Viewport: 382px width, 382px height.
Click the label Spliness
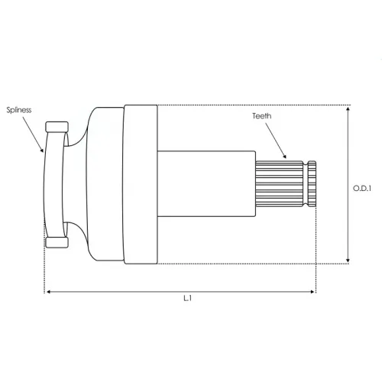tap(19, 110)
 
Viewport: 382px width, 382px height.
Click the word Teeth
tap(261, 116)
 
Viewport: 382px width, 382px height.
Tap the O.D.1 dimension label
tap(362, 188)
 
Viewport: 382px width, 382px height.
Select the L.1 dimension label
tap(188, 298)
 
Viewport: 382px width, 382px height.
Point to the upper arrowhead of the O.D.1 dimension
tap(348, 109)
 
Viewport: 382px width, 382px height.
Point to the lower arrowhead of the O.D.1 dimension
tap(348, 261)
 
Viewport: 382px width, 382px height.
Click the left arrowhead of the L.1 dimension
tap(48, 292)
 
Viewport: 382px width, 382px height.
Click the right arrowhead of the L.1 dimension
tap(312, 292)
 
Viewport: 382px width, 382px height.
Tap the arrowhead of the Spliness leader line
tap(42, 150)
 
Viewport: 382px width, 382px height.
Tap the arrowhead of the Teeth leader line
tap(284, 156)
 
